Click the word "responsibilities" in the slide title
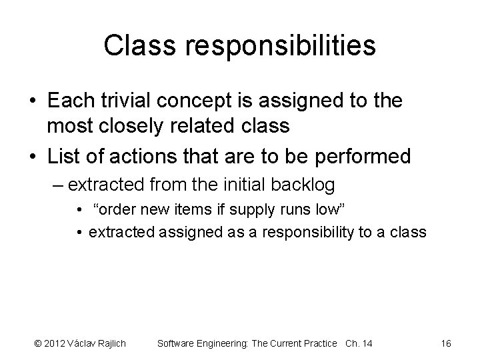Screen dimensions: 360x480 (x=281, y=45)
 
